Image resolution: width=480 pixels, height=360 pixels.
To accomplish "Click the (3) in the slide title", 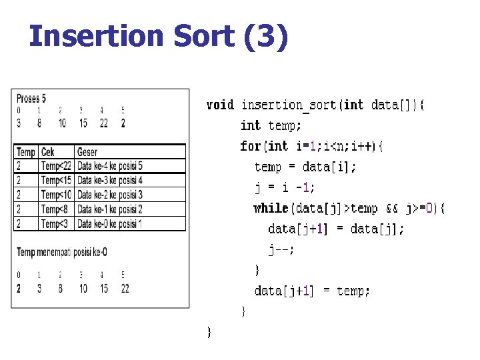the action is tap(267, 36).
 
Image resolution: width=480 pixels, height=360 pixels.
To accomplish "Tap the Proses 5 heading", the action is tap(31, 99).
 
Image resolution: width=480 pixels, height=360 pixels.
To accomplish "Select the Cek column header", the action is tap(48, 152).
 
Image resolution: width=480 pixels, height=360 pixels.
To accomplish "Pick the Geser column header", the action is tap(87, 152).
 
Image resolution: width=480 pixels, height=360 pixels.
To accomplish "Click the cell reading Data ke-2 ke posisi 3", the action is tap(110, 195).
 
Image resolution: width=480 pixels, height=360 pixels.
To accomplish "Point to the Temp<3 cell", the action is tap(55, 224).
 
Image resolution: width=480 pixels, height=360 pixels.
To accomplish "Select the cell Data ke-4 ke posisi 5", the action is tap(110, 166).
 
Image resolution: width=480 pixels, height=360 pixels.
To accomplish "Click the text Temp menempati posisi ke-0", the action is tap(62, 251).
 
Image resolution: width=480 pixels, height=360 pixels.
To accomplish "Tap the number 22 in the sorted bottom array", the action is tap(125, 288).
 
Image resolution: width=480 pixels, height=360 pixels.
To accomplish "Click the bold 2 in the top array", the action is tap(123, 123).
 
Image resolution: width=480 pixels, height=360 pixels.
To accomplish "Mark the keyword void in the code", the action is tap(220, 105).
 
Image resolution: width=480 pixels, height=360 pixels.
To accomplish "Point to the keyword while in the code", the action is tap(270, 208).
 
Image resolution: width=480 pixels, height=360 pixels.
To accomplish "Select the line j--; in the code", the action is tap(281, 249).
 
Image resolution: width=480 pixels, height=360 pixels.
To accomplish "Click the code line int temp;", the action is tap(271, 125).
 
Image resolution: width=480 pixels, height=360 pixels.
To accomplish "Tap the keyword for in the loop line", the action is tap(250, 146).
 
